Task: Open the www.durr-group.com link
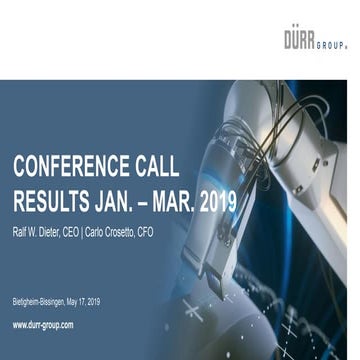coord(43,325)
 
